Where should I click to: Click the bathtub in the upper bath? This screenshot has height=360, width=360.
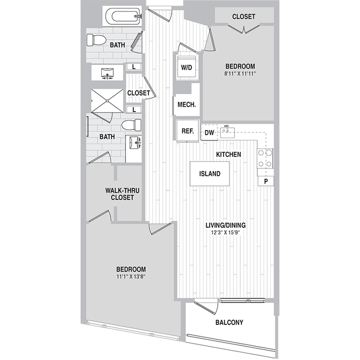tap(122, 17)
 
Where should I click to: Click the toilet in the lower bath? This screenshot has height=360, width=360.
tap(132, 124)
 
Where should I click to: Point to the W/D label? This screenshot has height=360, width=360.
tap(186, 68)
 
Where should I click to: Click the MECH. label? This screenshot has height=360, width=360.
tap(186, 105)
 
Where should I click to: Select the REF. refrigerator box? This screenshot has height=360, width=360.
tap(187, 131)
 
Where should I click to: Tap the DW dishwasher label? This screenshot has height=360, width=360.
tap(209, 133)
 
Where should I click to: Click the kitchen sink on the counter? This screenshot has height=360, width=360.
tap(228, 132)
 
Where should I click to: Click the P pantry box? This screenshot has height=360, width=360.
tap(265, 181)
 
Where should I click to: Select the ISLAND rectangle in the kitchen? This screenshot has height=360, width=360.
tap(210, 174)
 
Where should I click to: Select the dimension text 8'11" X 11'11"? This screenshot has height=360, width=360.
tap(240, 74)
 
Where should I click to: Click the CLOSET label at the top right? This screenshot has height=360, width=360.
tap(243, 17)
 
